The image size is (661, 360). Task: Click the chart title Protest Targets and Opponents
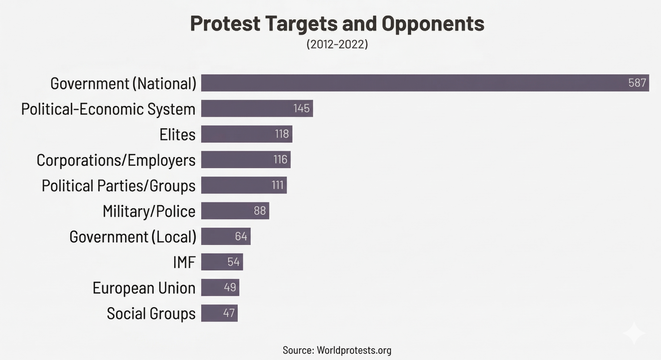coord(337,23)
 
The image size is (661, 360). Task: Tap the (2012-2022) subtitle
coord(337,44)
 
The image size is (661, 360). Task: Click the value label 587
coord(637,83)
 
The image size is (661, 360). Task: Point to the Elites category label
coord(177,134)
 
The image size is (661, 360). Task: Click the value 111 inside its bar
coord(278,185)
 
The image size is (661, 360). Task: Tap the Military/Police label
coord(149,211)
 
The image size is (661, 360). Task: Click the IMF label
coord(184,262)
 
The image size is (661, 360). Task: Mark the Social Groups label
coord(151,313)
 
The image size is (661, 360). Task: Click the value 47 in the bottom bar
coord(229,313)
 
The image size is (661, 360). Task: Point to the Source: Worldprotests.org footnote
coord(337,350)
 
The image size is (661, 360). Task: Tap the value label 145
coord(301,108)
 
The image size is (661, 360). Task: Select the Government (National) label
coord(123,83)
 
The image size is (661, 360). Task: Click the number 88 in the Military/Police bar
coord(259,211)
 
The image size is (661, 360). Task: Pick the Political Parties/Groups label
coord(119,186)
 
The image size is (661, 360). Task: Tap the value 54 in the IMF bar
coord(233,262)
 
